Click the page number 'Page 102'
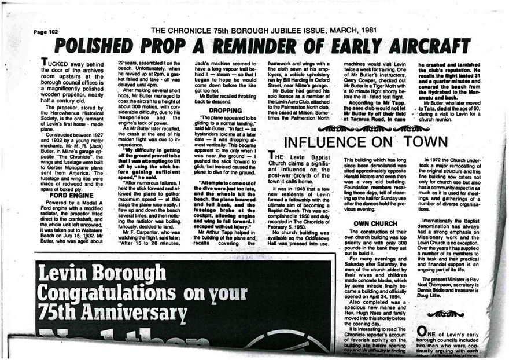pyautogui.click(x=46, y=32)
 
